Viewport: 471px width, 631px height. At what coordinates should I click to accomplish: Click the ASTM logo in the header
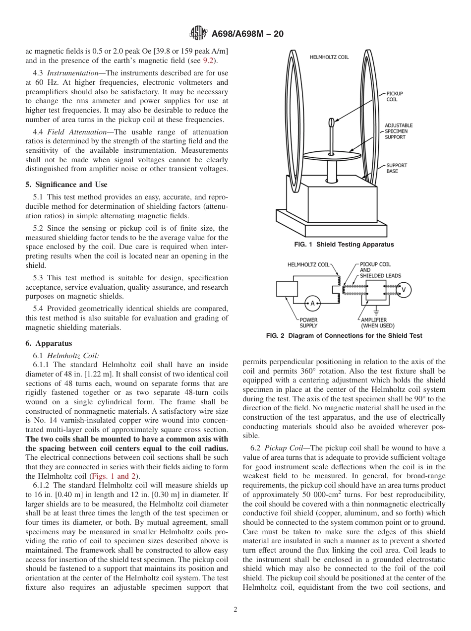pyautogui.click(x=199, y=34)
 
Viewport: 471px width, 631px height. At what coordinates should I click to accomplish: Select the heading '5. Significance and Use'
pyautogui.click(x=66, y=185)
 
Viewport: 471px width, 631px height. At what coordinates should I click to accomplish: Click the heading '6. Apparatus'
pyautogui.click(x=49, y=343)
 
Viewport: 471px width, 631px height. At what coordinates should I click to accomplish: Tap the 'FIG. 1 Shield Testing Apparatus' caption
pyautogui.click(x=344, y=245)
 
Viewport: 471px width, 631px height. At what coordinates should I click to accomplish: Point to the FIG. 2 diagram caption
pyautogui.click(x=344, y=336)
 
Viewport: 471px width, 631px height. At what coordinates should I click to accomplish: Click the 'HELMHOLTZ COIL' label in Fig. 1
pyautogui.click(x=329, y=57)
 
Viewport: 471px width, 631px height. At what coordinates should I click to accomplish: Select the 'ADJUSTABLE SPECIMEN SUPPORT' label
pyautogui.click(x=398, y=131)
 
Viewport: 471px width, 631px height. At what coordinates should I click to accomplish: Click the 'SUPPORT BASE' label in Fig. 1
pyautogui.click(x=397, y=168)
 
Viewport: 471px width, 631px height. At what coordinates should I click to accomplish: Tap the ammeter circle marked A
pyautogui.click(x=312, y=303)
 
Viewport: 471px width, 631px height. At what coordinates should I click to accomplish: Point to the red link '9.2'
pyautogui.click(x=209, y=61)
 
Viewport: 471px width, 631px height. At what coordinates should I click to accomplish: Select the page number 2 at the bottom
pyautogui.click(x=235, y=610)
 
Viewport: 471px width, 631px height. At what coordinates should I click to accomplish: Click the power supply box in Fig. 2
pyautogui.click(x=287, y=289)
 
